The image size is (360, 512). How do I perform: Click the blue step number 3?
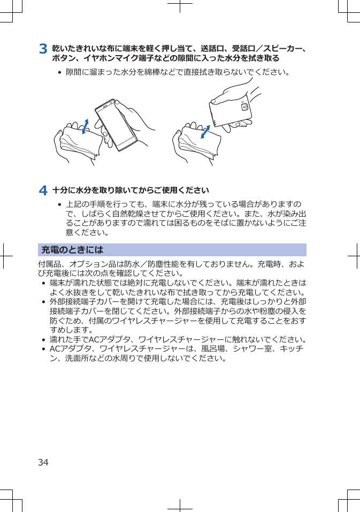(x=43, y=49)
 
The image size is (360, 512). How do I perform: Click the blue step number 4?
(x=43, y=190)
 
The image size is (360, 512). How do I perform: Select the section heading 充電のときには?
(x=72, y=250)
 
